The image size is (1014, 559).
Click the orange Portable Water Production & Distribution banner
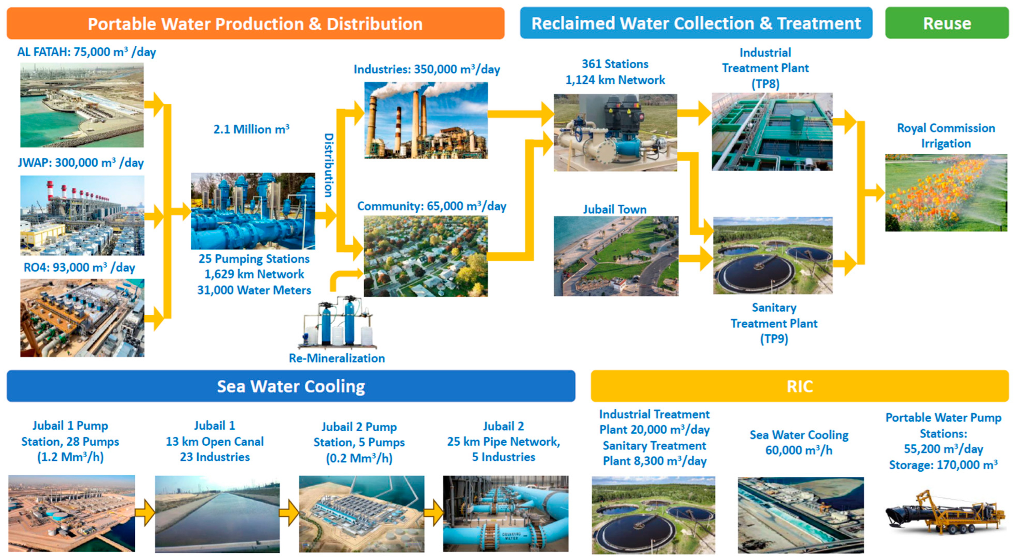click(x=255, y=24)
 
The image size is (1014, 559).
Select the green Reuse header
click(x=947, y=23)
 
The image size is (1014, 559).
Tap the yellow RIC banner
click(x=800, y=386)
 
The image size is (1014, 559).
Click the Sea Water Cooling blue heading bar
click(x=291, y=386)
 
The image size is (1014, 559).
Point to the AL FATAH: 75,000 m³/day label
click(x=86, y=52)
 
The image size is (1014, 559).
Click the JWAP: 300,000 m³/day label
click(x=81, y=163)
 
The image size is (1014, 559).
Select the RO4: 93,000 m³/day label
click(x=79, y=268)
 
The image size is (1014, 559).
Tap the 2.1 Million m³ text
click(x=251, y=129)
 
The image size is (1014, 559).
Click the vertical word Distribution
click(x=329, y=165)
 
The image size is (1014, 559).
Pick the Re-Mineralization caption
click(x=337, y=358)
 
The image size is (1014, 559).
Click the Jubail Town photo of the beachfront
click(x=616, y=256)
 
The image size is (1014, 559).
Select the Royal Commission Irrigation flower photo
click(x=946, y=193)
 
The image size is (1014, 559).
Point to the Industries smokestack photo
click(x=426, y=120)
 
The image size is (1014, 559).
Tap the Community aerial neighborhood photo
click(x=426, y=256)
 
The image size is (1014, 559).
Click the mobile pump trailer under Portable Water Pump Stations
click(x=945, y=512)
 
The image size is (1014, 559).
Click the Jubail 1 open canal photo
click(x=217, y=514)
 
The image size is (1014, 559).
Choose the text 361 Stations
click(x=615, y=64)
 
